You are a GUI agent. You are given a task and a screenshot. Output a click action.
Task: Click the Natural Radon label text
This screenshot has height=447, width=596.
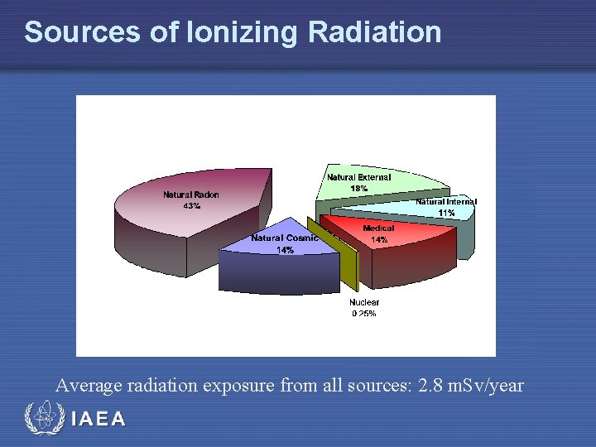[x=191, y=195]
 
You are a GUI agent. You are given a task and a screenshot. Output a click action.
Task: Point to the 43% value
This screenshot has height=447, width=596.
[x=191, y=206]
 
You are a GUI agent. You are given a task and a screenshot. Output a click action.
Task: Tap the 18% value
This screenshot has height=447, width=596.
[x=359, y=189]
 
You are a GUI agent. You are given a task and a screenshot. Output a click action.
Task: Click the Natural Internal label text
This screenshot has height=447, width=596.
[x=446, y=201]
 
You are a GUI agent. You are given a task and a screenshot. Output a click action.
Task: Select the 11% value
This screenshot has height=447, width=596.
[x=446, y=213]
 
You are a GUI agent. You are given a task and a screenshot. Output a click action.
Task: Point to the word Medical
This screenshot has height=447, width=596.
[x=378, y=228]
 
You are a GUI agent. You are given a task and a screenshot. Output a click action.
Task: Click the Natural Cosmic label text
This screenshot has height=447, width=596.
[x=284, y=238]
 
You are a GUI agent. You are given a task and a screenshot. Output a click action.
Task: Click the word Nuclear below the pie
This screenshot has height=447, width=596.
[x=364, y=302]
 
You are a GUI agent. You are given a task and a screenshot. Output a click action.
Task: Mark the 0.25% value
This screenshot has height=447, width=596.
[x=364, y=314]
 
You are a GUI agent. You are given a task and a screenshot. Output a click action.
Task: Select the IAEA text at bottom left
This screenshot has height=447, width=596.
[x=99, y=419]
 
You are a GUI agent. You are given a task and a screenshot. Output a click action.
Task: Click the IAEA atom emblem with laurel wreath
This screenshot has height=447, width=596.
[x=41, y=419]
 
